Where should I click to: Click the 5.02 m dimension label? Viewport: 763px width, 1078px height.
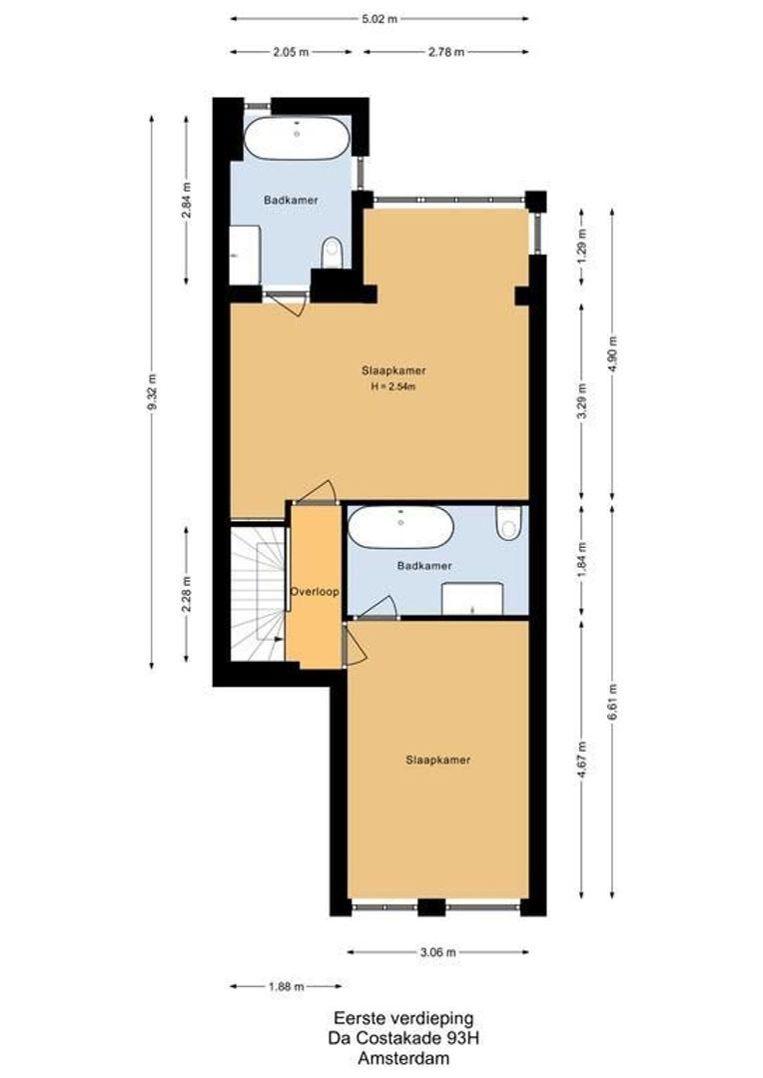click(x=380, y=19)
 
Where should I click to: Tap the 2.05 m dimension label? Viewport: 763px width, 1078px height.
click(x=291, y=52)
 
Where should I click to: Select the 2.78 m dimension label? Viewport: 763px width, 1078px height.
click(x=445, y=52)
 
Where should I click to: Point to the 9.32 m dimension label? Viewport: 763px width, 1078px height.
click(x=152, y=392)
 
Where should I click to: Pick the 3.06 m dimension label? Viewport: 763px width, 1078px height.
click(x=437, y=952)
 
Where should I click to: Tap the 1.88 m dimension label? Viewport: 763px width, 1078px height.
click(x=286, y=986)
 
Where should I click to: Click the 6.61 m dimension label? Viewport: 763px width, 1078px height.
click(x=612, y=702)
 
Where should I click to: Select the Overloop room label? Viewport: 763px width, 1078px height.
click(x=315, y=591)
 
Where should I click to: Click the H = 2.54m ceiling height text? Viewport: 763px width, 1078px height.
click(x=393, y=386)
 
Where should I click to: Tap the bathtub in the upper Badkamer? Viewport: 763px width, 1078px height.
click(x=297, y=138)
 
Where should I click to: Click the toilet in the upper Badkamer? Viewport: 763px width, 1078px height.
click(x=333, y=253)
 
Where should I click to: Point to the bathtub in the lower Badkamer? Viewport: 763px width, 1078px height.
click(x=400, y=527)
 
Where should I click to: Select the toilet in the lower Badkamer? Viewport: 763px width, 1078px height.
click(x=509, y=523)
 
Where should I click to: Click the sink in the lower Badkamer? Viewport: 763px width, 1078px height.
click(x=472, y=598)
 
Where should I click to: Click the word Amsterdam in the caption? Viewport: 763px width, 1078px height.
click(x=403, y=1059)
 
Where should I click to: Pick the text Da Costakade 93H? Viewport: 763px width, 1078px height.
click(x=403, y=1038)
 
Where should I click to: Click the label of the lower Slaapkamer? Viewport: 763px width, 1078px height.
click(x=437, y=760)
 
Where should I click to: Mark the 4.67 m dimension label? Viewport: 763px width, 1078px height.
click(x=582, y=760)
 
